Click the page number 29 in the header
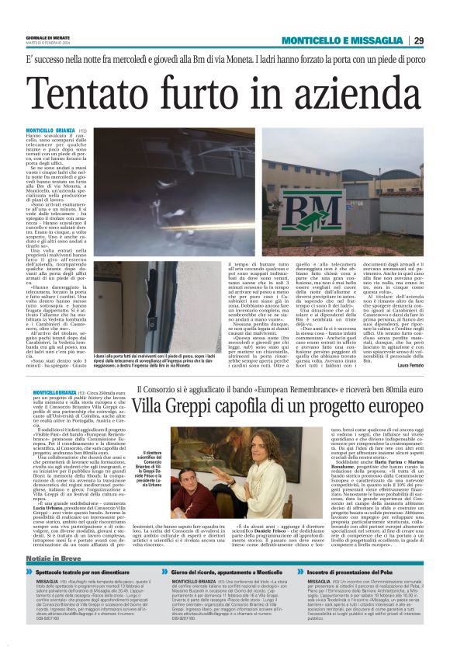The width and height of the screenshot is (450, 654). pos(440,40)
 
